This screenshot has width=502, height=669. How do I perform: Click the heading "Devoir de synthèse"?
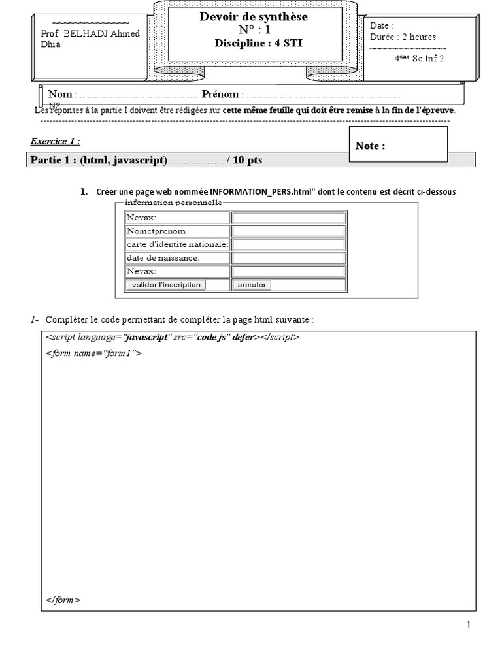coord(254,17)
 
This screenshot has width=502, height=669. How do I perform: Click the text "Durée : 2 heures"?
coord(403,37)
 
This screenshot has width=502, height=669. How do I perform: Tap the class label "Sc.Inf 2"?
coord(429,58)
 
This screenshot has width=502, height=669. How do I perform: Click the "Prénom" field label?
coord(220,95)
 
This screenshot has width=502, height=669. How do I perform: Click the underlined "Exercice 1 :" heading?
coord(56,141)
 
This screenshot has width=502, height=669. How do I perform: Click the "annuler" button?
coord(252,285)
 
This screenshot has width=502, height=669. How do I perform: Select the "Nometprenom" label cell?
coord(156,231)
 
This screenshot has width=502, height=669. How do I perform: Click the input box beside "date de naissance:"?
coord(289,258)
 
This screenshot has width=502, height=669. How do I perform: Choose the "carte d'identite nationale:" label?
coord(177,244)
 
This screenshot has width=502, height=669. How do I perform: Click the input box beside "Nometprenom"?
coord(289,231)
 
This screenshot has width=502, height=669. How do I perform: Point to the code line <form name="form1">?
coord(93,353)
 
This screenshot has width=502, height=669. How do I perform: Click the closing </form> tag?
coord(63,600)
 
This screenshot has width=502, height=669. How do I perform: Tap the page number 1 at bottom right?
coord(469,625)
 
